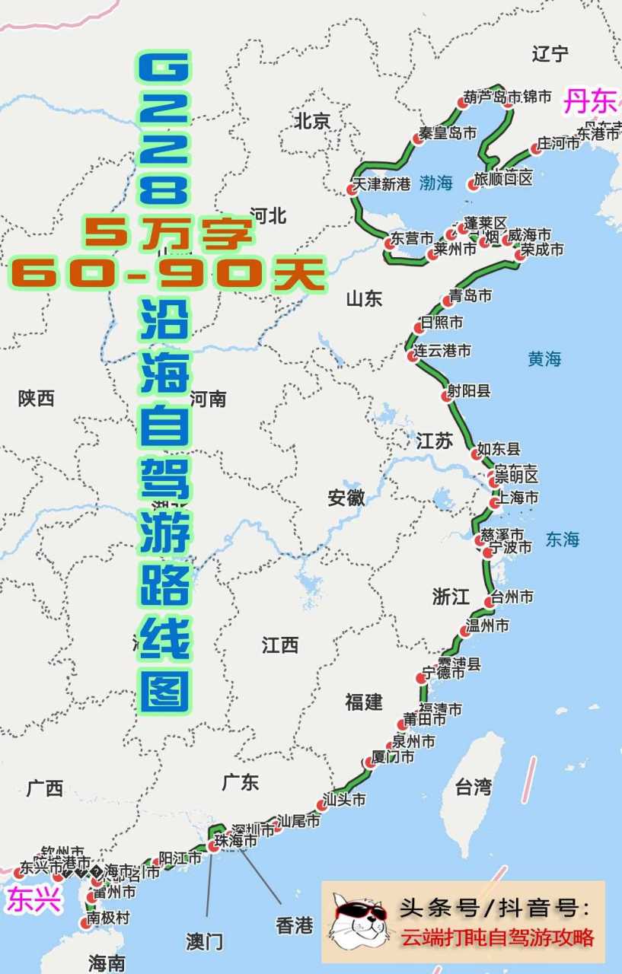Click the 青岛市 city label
[x=470, y=296]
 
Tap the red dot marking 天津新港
[x=352, y=189]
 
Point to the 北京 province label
[x=312, y=120]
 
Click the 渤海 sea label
[x=435, y=183]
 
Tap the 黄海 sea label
[x=544, y=358]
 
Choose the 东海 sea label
[x=563, y=539]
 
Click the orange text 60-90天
[x=167, y=272]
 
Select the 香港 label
[x=294, y=925]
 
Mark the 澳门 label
[x=205, y=941]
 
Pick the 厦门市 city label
[x=393, y=758]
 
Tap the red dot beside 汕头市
[x=321, y=805]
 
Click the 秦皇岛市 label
[x=448, y=133]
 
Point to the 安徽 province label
[x=346, y=498]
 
